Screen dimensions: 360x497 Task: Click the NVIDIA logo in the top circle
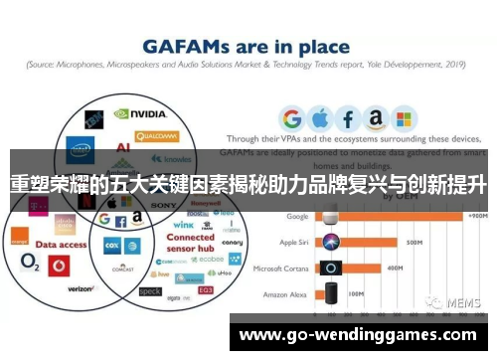(147, 114)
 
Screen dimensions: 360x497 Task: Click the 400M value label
(394, 268)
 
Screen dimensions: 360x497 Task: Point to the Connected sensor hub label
(190, 244)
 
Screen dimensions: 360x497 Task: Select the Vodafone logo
(58, 266)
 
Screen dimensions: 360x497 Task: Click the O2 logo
(28, 267)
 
